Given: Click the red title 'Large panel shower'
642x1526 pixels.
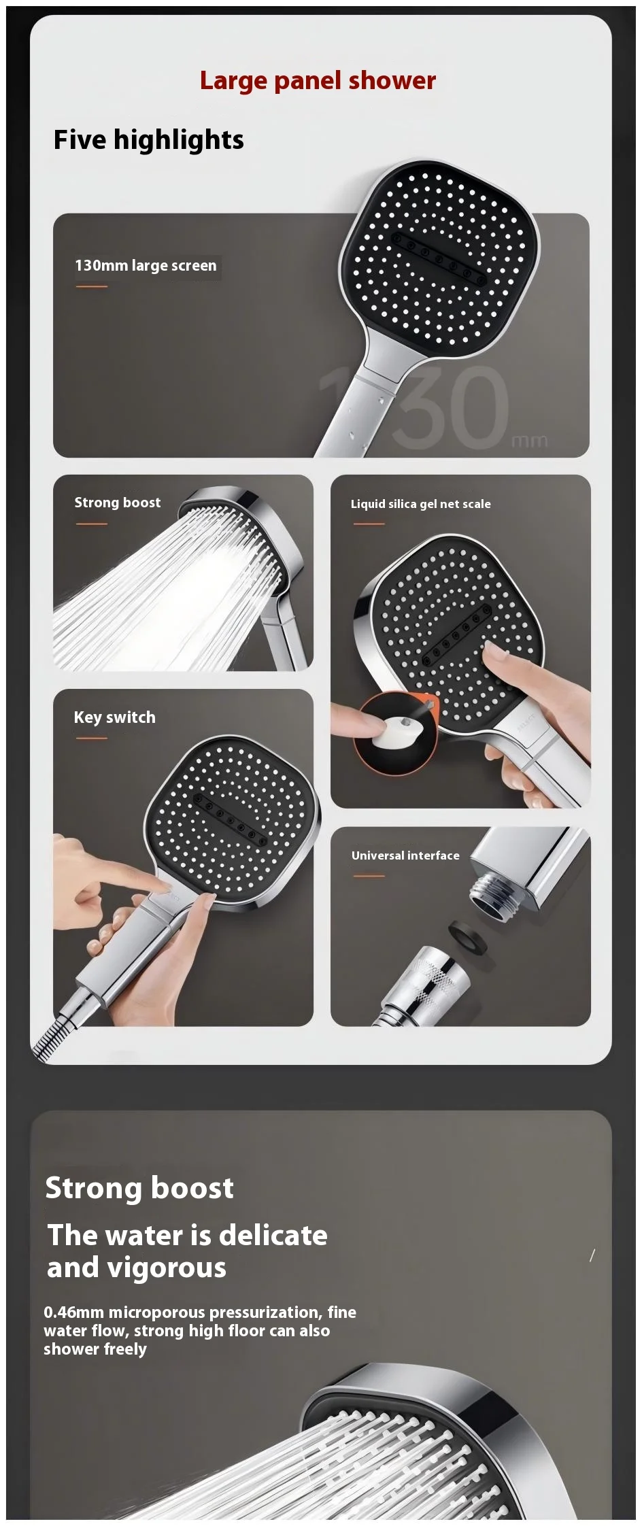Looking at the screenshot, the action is pos(318,80).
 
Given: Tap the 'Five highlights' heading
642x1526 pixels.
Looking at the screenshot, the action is pos(148,139).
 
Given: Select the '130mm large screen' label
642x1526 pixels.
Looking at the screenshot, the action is pos(146,265).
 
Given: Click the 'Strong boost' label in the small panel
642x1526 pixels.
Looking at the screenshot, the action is pos(118,503).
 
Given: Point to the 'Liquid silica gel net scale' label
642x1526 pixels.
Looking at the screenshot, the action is pos(420,504).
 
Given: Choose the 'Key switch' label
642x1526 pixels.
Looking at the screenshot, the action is pos(114,717).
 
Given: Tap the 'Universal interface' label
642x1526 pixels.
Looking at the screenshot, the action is pos(405,855).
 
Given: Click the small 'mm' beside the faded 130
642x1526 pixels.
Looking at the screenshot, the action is pos(529,441).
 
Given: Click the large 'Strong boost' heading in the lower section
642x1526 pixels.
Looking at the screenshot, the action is pos(139,1188).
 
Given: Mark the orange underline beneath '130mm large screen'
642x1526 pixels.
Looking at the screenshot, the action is pos(92,286).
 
